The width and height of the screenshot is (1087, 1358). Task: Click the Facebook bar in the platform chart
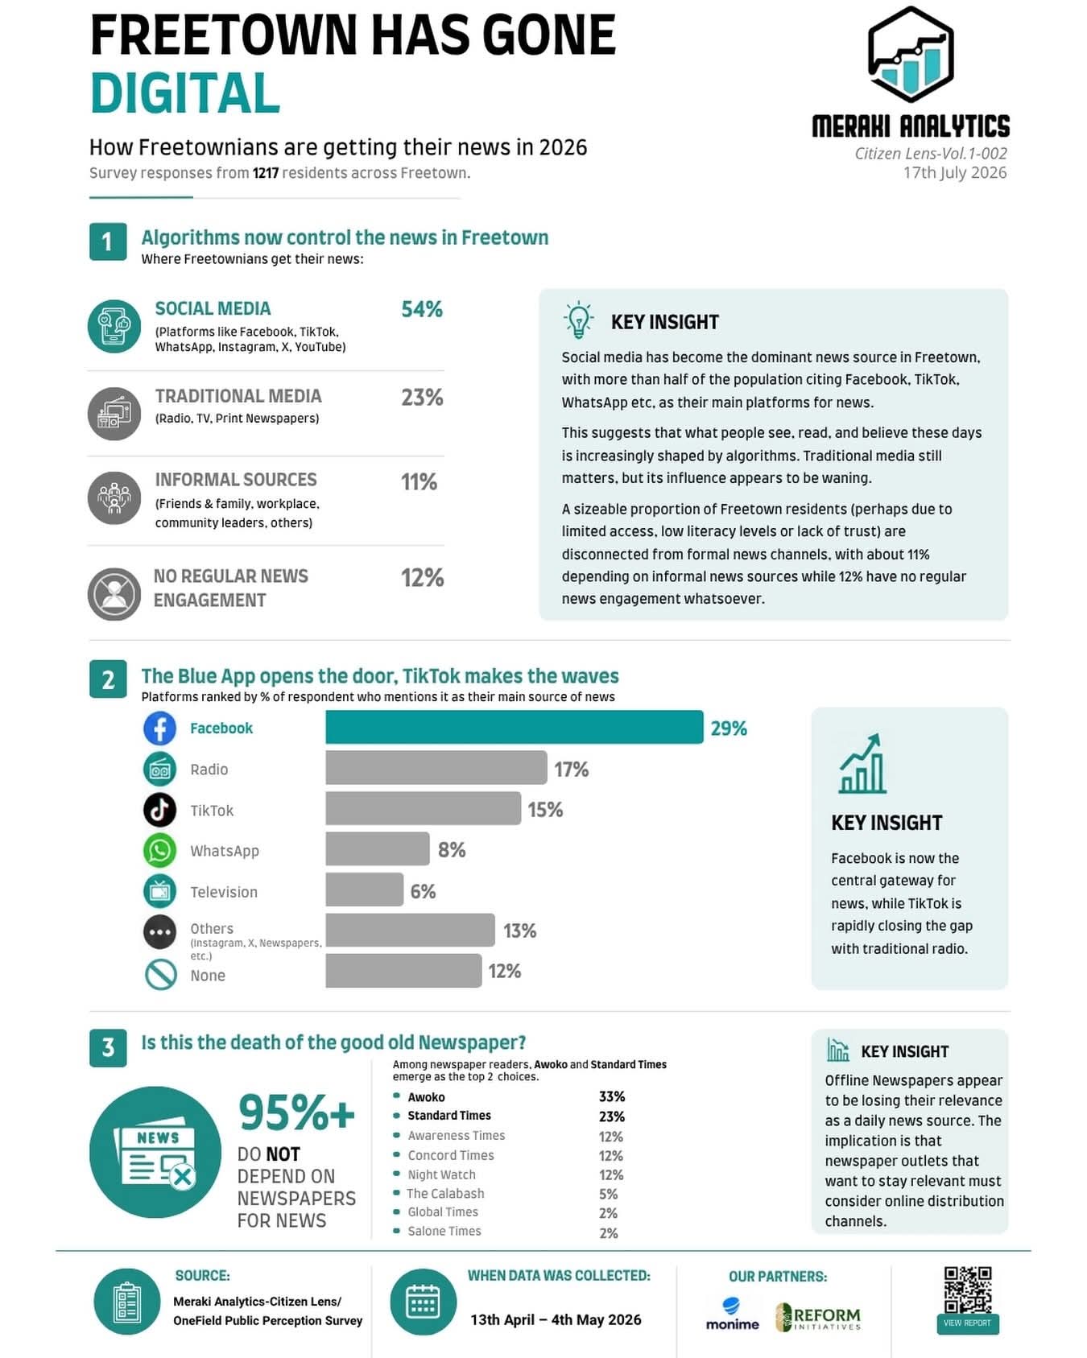coord(514,727)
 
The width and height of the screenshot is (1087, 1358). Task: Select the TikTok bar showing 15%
coord(423,808)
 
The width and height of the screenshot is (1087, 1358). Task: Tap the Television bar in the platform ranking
coord(364,890)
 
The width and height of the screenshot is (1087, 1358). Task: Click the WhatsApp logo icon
coord(159,850)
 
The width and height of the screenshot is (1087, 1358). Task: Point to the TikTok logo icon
coord(159,809)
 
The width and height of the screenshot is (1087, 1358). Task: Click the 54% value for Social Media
coord(422,309)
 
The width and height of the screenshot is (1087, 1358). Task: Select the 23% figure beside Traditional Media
coord(422,397)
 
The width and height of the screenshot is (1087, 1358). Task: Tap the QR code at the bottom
coord(967,1290)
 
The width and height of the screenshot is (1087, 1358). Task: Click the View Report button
coord(967,1323)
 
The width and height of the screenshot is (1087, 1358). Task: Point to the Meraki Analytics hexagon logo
coord(911,54)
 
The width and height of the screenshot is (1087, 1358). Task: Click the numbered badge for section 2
coord(108,679)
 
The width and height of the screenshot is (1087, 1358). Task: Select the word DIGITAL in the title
coord(185,93)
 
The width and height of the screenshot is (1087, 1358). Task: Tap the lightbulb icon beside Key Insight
coord(578,320)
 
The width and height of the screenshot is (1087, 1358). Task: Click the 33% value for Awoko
coord(612,1096)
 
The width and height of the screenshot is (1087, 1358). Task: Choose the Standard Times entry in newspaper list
coord(448,1116)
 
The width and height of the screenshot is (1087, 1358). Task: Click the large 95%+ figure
coord(296,1113)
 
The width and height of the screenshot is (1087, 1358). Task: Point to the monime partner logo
coord(732,1315)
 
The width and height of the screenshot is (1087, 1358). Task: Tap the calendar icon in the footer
coord(423,1302)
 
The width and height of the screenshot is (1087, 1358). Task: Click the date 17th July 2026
coord(955,172)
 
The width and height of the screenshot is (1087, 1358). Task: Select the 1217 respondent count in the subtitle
coord(266,173)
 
